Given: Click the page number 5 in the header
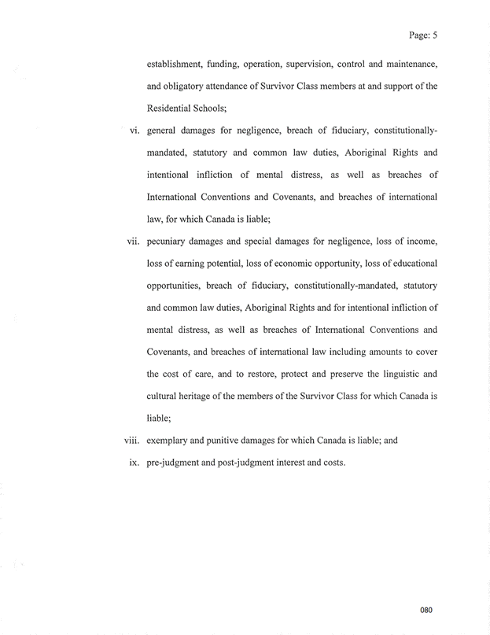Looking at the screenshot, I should (x=434, y=35).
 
